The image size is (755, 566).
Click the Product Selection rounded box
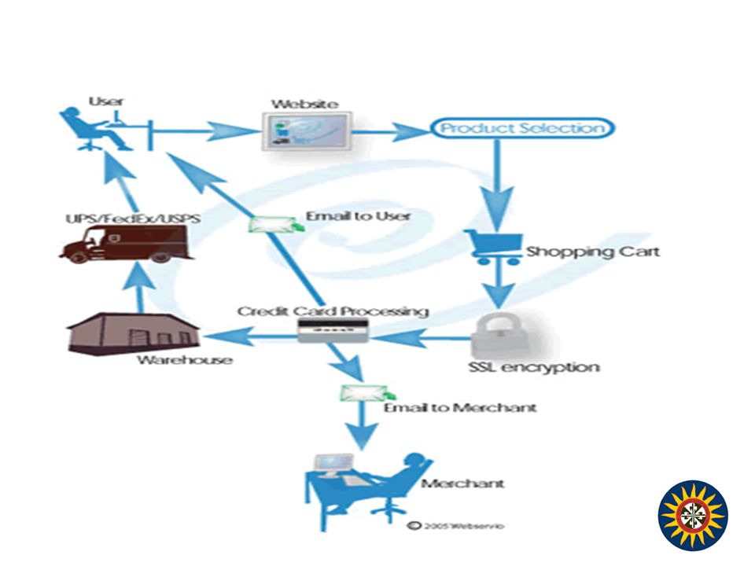tap(522, 128)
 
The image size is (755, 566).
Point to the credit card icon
tap(333, 331)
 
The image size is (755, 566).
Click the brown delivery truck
tap(126, 244)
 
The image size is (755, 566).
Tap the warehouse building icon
tap(134, 334)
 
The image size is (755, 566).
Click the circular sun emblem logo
tap(693, 516)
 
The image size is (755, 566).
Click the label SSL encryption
tap(534, 368)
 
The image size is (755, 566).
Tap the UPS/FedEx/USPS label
tap(133, 219)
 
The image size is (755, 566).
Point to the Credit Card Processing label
tap(333, 311)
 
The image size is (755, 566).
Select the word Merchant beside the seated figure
tap(462, 483)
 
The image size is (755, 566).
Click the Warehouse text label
tap(184, 360)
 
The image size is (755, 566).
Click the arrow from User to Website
tap(204, 130)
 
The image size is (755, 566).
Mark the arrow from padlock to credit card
tap(420, 338)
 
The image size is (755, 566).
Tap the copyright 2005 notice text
tap(455, 526)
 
